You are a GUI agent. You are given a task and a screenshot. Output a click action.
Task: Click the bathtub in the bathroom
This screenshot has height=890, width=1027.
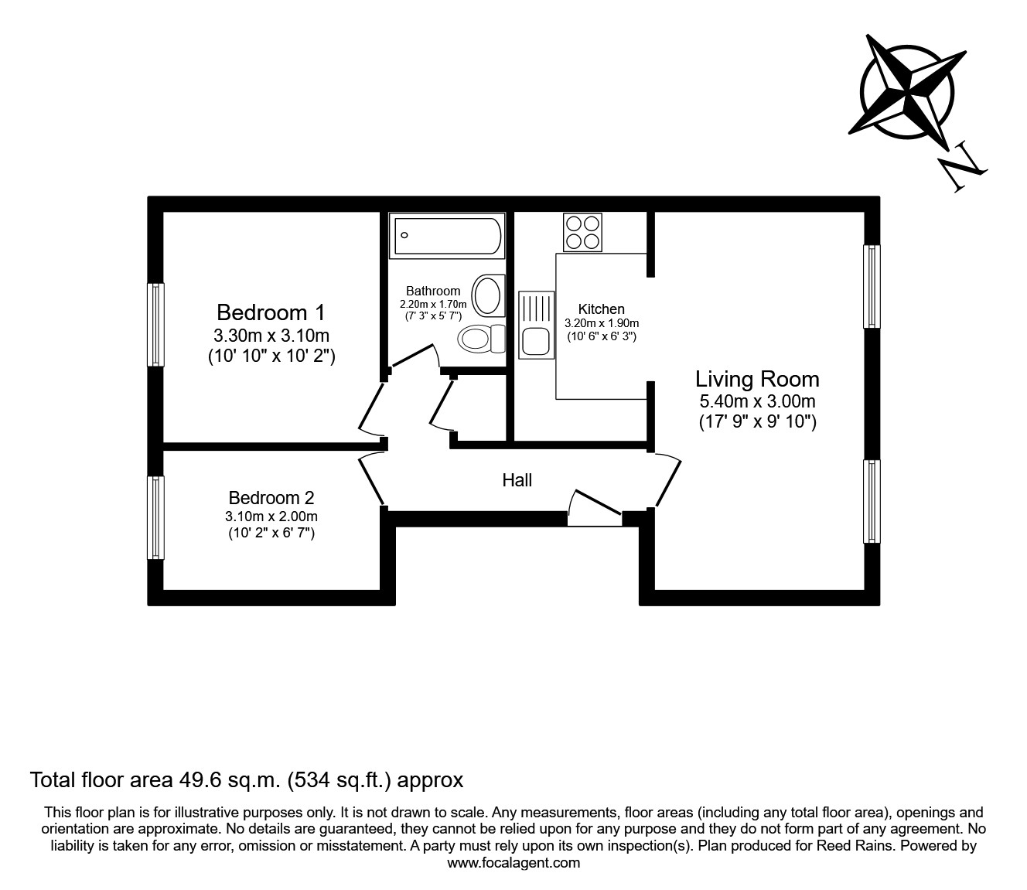448,237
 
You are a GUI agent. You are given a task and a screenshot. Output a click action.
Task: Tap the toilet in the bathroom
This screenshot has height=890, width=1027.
480,339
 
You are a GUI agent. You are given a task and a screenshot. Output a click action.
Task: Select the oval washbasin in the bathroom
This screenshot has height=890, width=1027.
487,295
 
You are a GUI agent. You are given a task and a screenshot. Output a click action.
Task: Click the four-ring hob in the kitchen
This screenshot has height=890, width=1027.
583,232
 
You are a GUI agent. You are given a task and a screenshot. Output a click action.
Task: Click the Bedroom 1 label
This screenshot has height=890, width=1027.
271,312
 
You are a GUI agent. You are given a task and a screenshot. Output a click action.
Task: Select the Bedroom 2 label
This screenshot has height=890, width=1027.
271,498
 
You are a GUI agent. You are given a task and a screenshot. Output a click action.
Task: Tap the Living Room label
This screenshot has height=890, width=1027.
756,379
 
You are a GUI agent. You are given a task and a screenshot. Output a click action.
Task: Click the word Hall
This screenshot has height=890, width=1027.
517,480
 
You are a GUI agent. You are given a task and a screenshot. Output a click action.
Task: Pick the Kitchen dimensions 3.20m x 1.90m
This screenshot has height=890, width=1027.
602,323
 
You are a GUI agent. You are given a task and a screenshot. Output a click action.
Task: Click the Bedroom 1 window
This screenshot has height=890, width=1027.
156,324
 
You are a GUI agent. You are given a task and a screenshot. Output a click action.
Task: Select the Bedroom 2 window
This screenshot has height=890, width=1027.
156,517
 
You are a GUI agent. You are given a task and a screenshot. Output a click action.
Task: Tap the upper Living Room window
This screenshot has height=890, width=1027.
872,287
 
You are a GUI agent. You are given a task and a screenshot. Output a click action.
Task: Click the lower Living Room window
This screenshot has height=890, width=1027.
872,502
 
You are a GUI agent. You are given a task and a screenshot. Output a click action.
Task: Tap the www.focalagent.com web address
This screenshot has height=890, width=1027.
513,863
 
